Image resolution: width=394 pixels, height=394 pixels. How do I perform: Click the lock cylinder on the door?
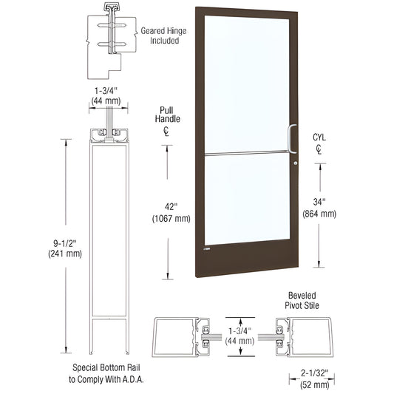coord(293,163)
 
